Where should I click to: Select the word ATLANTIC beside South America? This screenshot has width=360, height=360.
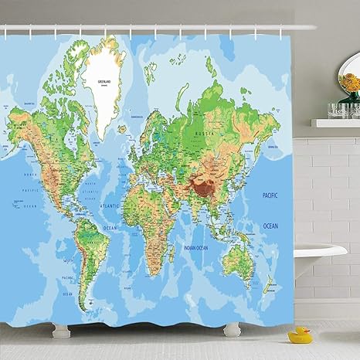(110, 206)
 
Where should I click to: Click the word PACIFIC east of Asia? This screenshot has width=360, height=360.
(270, 195)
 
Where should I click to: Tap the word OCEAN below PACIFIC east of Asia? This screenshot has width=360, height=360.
(270, 226)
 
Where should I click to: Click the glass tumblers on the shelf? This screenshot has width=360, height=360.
(339, 110)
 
